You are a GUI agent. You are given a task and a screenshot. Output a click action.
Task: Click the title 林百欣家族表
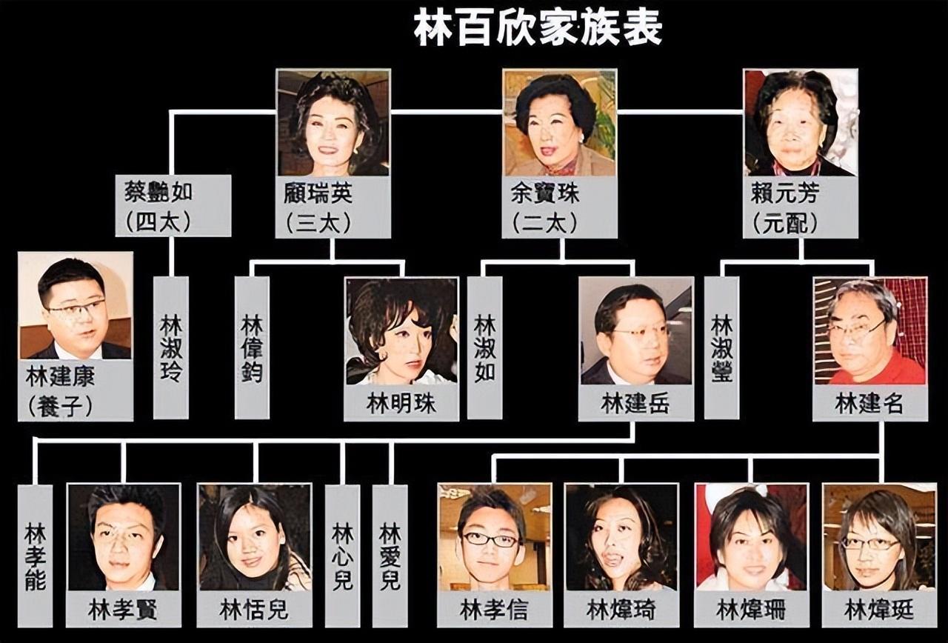click(538, 30)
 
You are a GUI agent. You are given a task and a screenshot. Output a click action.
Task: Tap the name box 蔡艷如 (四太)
click(173, 206)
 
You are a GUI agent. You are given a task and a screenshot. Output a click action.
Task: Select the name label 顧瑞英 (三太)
click(333, 207)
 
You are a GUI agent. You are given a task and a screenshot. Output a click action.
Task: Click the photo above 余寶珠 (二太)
click(559, 122)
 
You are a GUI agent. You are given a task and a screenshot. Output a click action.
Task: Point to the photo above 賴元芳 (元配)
click(801, 122)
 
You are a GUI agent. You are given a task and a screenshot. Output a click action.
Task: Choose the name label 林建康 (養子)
click(75, 390)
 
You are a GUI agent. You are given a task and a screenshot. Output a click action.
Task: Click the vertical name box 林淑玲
click(170, 347)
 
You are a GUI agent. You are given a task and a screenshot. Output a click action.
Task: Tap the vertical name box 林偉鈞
click(252, 347)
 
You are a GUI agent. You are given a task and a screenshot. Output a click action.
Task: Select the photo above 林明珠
click(401, 331)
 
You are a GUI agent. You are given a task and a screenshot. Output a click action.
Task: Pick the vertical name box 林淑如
click(484, 347)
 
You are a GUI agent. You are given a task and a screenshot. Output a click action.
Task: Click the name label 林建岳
click(635, 403)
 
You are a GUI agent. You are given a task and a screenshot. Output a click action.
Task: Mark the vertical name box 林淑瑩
click(721, 347)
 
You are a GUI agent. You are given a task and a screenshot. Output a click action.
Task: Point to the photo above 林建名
click(870, 331)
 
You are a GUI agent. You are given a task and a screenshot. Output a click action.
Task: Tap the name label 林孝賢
click(123, 610)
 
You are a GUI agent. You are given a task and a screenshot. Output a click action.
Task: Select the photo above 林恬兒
click(254, 537)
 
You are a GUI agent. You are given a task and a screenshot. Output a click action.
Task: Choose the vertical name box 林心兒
click(342, 556)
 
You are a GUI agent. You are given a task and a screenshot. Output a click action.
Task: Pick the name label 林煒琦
click(621, 610)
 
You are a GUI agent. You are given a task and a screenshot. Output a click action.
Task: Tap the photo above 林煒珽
click(879, 537)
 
